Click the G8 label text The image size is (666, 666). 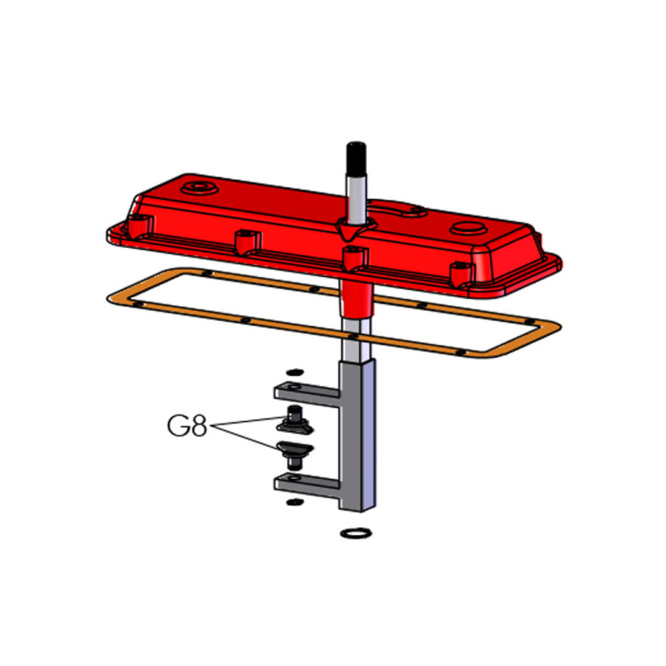pyautogui.click(x=187, y=426)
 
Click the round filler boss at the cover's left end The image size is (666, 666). pyautogui.click(x=199, y=187)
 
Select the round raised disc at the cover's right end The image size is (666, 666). pyautogui.click(x=468, y=228)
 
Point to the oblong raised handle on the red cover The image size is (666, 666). pyautogui.click(x=396, y=208)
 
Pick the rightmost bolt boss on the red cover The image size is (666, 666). pyautogui.click(x=461, y=274)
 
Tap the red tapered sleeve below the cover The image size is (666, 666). pyautogui.click(x=356, y=299)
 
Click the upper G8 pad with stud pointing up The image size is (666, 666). pyautogui.click(x=295, y=419)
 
